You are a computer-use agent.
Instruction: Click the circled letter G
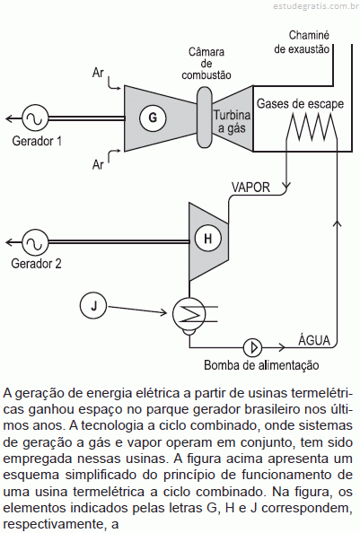tap(153, 118)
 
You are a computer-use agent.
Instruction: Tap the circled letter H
tap(207, 238)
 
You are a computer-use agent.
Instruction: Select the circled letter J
tap(93, 306)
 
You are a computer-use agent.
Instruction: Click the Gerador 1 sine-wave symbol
tap(35, 118)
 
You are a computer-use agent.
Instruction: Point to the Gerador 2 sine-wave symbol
tap(35, 241)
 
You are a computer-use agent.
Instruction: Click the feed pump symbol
tap(253, 347)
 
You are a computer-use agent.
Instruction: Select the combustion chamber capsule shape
tap(205, 117)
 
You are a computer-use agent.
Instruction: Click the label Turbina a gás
tap(232, 122)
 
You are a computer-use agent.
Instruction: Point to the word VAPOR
tap(250, 188)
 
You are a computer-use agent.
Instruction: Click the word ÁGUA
tap(314, 339)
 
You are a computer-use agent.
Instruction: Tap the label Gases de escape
tap(300, 104)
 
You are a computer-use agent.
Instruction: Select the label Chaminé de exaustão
tap(302, 42)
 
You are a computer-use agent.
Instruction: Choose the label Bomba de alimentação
tap(261, 365)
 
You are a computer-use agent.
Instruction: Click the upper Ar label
tap(98, 73)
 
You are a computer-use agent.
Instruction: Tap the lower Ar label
tap(98, 164)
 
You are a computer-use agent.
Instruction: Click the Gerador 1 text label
tap(37, 141)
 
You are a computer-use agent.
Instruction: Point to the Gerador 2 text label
tap(36, 264)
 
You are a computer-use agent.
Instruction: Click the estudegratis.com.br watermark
tap(316, 5)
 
